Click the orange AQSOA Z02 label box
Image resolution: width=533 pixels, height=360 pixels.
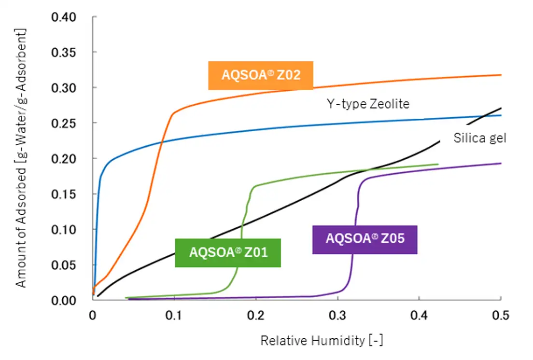pos(261,75)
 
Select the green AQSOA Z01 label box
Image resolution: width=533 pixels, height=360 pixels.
pos(228,252)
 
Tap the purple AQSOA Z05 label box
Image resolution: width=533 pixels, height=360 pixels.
pos(365,239)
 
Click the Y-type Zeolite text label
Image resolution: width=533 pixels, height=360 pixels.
pos(368,104)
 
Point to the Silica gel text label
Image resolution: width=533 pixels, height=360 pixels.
pos(480,138)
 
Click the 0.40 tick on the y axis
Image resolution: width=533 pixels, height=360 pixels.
pos(64,17)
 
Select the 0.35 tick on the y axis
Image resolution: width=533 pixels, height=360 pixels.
pos(64,52)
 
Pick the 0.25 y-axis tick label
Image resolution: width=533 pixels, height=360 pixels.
pos(64,123)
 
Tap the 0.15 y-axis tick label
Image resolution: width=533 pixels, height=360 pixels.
pos(64,194)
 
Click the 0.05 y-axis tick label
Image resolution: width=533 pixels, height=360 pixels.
pos(64,265)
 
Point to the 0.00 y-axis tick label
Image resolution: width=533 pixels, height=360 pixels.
pos(64,300)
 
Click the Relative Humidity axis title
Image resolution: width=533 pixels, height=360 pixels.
pos(322,341)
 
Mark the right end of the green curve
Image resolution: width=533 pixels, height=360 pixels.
pos(438,164)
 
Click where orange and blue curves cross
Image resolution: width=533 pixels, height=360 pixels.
pos(161,141)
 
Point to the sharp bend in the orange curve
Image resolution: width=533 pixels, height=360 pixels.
pos(173,113)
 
